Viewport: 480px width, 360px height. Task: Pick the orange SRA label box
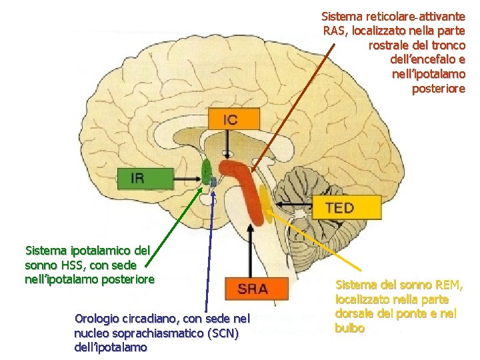tap(255, 289)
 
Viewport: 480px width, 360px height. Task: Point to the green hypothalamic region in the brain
tap(205, 169)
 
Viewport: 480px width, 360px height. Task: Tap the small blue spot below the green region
tap(213, 182)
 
